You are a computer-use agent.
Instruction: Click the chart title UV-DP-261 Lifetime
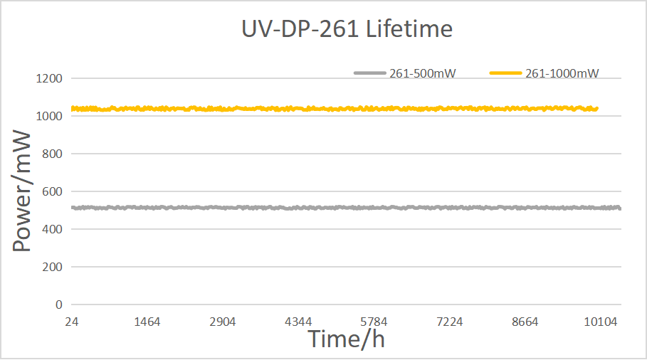coord(347,29)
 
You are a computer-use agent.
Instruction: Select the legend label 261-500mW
coord(423,73)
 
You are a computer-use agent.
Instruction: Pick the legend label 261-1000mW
coord(562,73)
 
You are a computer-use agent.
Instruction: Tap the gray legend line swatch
coord(369,73)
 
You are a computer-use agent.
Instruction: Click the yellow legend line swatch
coord(506,73)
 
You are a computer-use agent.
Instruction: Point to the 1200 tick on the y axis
coord(49,78)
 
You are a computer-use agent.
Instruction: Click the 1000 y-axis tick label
coord(49,116)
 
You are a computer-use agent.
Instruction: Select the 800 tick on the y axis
coord(53,154)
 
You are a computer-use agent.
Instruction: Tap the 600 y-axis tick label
coord(53,192)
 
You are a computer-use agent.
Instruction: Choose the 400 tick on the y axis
coord(53,229)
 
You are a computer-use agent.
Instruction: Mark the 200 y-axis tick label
coord(53,268)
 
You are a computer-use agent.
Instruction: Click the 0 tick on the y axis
coord(59,305)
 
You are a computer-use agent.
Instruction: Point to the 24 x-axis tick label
coord(71,322)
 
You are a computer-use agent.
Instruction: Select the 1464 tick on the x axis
coord(147,322)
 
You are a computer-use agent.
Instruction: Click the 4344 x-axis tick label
coord(298,322)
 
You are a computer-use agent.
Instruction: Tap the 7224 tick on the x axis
coord(449,322)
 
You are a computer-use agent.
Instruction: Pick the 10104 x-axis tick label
coord(600,322)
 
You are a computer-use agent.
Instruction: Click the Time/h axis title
coord(346,339)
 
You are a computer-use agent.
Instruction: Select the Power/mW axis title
coord(22,191)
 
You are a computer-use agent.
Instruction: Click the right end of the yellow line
coord(597,109)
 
